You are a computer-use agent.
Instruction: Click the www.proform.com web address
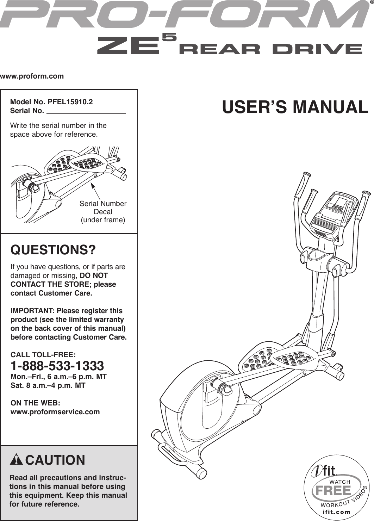(x=32, y=76)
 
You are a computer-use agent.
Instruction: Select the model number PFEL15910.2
(x=70, y=102)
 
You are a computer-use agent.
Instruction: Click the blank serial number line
(x=86, y=112)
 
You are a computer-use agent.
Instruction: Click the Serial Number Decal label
(x=103, y=208)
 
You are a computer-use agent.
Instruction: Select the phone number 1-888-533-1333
(x=57, y=365)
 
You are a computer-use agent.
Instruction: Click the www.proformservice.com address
(x=55, y=412)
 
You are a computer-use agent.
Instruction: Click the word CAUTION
(x=55, y=460)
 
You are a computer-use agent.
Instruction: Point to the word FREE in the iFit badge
(x=334, y=490)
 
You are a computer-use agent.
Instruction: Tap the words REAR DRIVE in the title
(x=270, y=49)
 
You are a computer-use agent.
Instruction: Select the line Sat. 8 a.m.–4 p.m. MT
(x=48, y=385)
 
